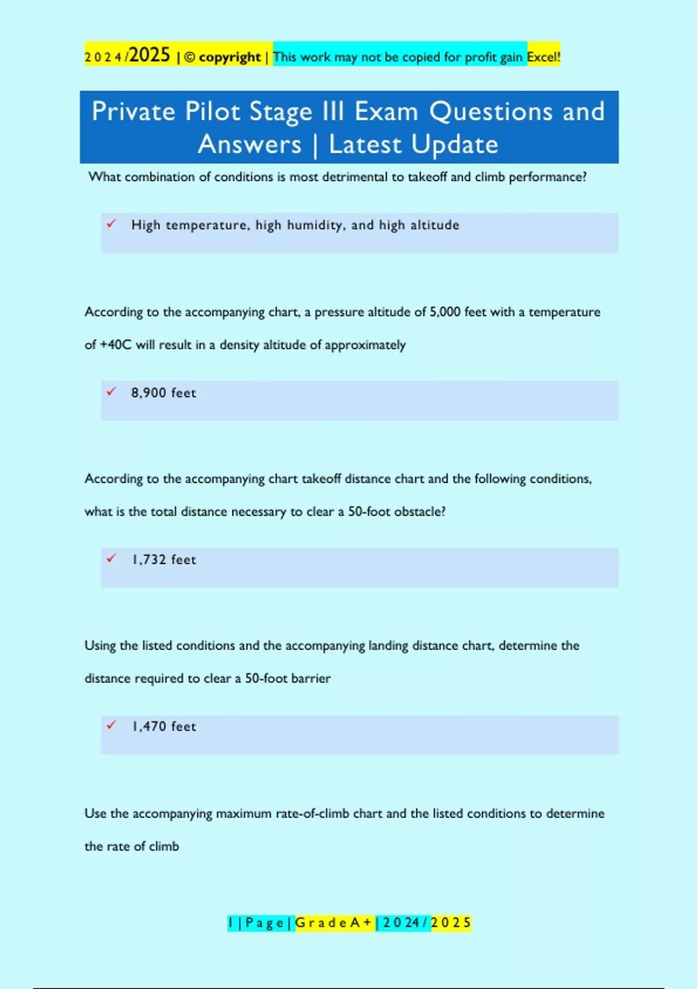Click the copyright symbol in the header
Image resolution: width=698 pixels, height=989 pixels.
[x=190, y=58]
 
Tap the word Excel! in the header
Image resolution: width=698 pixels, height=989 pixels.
[x=544, y=57]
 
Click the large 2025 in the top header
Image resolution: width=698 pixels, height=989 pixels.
[x=149, y=55]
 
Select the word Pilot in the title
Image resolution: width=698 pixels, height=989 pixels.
[x=212, y=111]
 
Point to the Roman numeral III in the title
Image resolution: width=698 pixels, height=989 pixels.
[x=333, y=111]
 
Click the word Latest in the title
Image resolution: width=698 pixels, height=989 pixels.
[x=365, y=144]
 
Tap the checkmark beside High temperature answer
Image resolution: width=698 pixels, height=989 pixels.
[x=111, y=223]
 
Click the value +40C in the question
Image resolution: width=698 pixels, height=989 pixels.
[x=116, y=344]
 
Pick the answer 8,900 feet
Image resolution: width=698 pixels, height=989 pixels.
[x=163, y=393]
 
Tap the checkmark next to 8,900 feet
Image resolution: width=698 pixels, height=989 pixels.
[x=111, y=391]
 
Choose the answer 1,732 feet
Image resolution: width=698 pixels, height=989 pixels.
[x=164, y=560]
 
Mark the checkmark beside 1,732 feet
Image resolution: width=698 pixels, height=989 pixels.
[x=111, y=558]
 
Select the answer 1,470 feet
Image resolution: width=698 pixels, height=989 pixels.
[x=164, y=727]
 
